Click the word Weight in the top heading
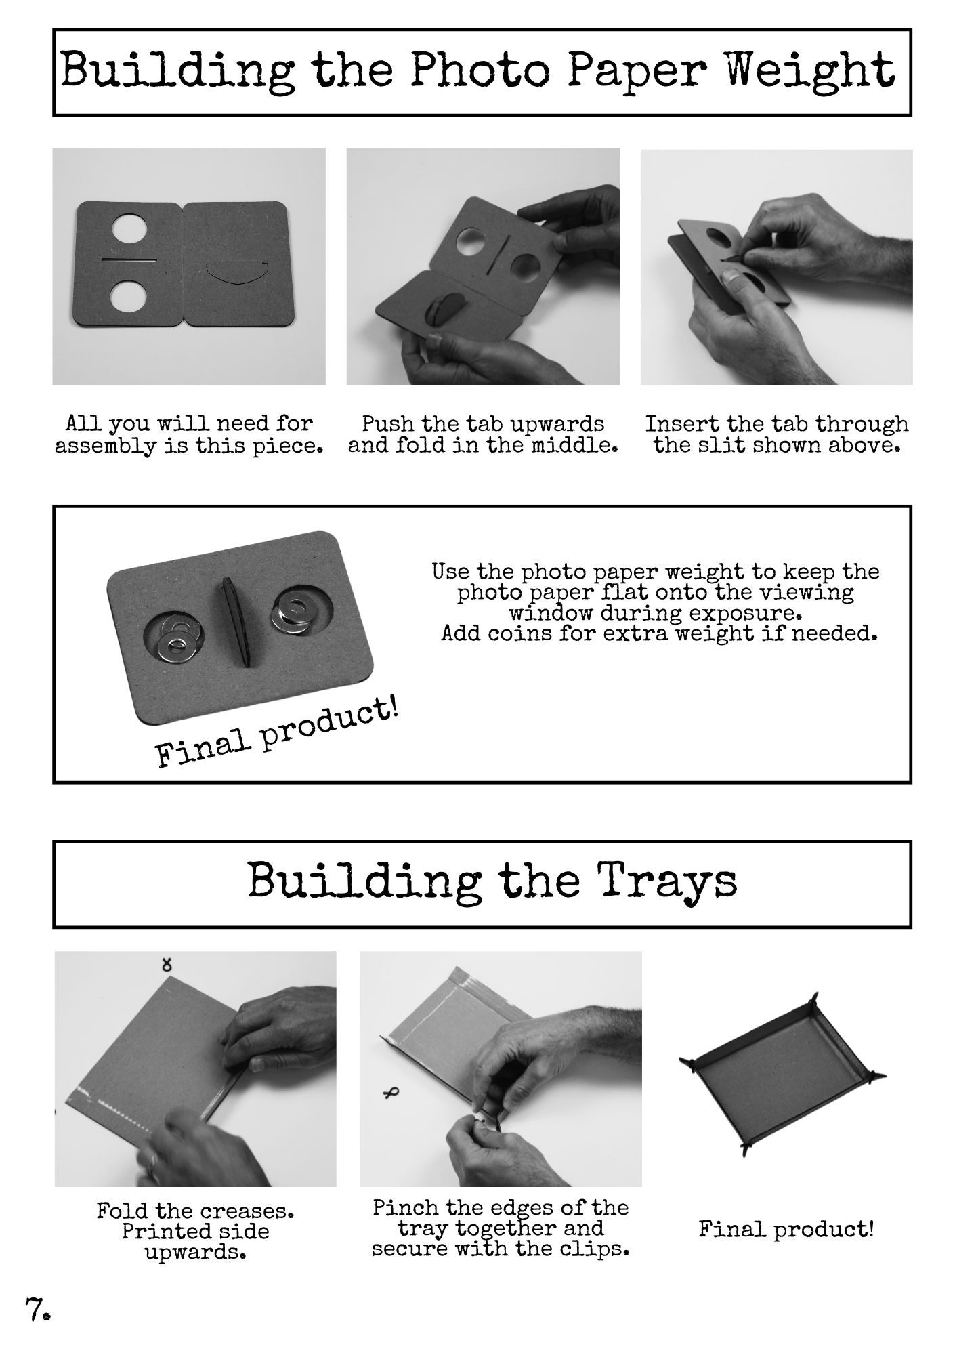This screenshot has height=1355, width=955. [810, 71]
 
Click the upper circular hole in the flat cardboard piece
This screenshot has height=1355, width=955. [129, 230]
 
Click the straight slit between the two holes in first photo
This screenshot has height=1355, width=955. [129, 259]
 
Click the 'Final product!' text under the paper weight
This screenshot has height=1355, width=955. [277, 734]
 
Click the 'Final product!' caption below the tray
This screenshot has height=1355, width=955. [786, 1228]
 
